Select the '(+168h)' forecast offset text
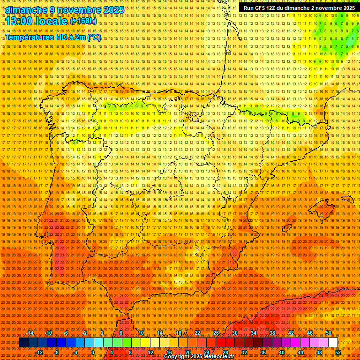(x=83, y=21)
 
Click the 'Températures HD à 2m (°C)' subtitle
(x=52, y=37)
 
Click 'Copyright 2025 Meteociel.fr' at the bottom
(x=199, y=357)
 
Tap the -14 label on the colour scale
(x=30, y=333)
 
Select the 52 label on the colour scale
(x=337, y=352)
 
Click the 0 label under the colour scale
(x=93, y=352)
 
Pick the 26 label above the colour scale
(x=216, y=333)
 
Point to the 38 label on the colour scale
(x=272, y=333)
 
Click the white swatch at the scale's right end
(x=333, y=343)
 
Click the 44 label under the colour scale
(x=300, y=352)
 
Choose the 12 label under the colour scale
(x=150, y=352)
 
